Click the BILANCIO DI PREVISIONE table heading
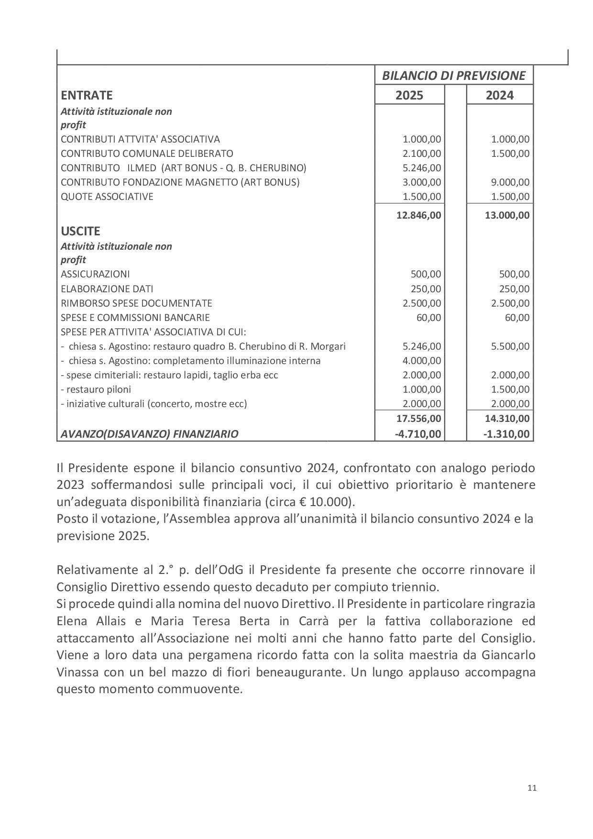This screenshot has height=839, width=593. tap(453, 76)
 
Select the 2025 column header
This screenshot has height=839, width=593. tap(409, 95)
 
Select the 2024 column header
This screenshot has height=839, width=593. tap(499, 95)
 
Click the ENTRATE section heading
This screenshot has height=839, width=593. tap(87, 95)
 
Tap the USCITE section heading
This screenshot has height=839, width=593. tap(80, 231)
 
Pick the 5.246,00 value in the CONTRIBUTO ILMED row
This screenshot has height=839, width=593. tap(422, 168)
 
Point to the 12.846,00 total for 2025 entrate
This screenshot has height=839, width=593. tap(419, 215)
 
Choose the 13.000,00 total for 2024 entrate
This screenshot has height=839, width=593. tap(507, 215)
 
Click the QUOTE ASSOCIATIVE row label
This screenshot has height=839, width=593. tap(107, 197)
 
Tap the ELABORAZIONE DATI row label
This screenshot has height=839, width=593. tap(107, 289)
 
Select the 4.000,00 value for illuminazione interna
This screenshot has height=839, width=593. tap(422, 361)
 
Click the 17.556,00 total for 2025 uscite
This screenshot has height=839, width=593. tap(419, 419)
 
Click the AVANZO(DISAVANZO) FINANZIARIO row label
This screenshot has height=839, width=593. tap(149, 434)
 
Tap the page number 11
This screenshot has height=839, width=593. tap(532, 788)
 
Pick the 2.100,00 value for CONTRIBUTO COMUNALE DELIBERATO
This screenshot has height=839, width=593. tap(422, 154)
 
